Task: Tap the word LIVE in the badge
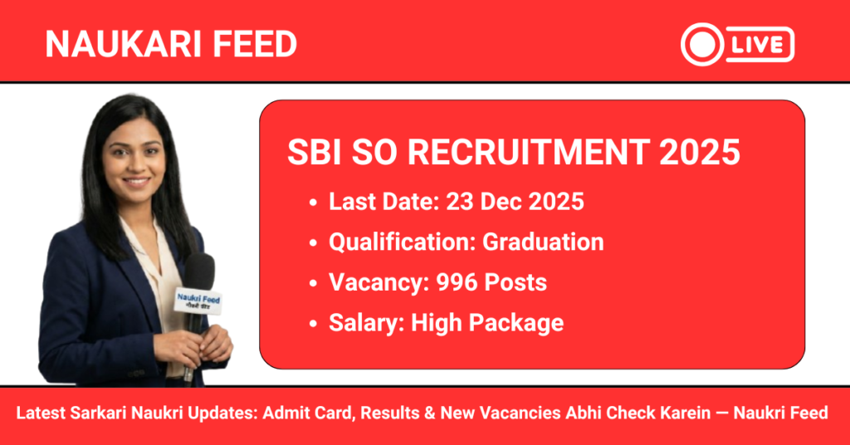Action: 760,44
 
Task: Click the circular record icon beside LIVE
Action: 700,44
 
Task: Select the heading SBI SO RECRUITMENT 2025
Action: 514,154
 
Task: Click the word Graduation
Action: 543,242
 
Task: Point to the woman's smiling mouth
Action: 136,180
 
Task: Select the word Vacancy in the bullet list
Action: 364,282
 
